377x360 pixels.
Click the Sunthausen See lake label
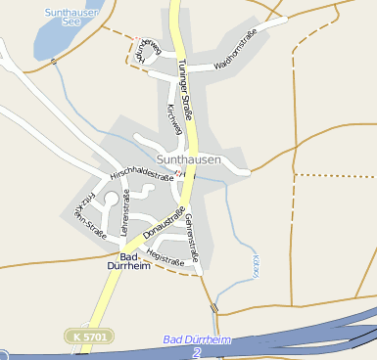(65, 17)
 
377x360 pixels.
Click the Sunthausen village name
(188, 158)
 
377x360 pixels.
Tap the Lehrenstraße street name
(123, 215)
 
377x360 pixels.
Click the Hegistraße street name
(165, 257)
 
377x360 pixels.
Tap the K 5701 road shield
(90, 336)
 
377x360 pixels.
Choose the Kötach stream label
(255, 266)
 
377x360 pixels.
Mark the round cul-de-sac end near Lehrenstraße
(111, 199)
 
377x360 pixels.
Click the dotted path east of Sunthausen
(333, 175)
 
